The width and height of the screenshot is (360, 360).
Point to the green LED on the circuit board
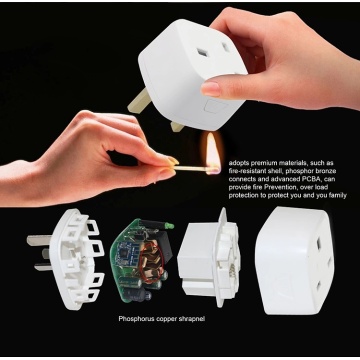[x=170, y=226]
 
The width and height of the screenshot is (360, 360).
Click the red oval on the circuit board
[x=152, y=262]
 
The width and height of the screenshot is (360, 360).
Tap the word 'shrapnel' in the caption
[x=192, y=319]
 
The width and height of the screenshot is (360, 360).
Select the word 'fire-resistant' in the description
[x=247, y=172]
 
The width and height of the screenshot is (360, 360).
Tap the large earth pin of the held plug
[x=139, y=100]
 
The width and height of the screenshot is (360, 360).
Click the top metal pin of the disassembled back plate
[x=39, y=240]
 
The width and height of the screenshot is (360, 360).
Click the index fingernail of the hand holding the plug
[x=211, y=89]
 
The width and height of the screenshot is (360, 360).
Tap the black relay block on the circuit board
[x=165, y=247]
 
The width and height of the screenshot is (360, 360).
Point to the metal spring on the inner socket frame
[x=232, y=269]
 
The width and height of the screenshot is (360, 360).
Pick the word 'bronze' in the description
[x=326, y=172]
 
